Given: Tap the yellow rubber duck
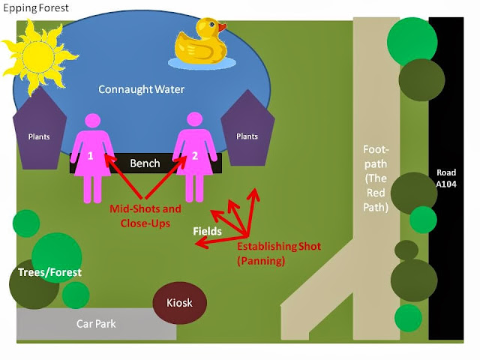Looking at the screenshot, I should [x=200, y=44].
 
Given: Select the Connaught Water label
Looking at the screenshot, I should [x=142, y=89].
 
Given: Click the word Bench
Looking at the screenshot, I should [x=145, y=163].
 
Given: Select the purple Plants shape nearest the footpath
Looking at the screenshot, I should [x=247, y=129].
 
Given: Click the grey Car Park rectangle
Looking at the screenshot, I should [x=97, y=324].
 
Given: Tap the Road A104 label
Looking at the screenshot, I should [x=446, y=178].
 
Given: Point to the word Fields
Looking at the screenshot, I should [x=207, y=232].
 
